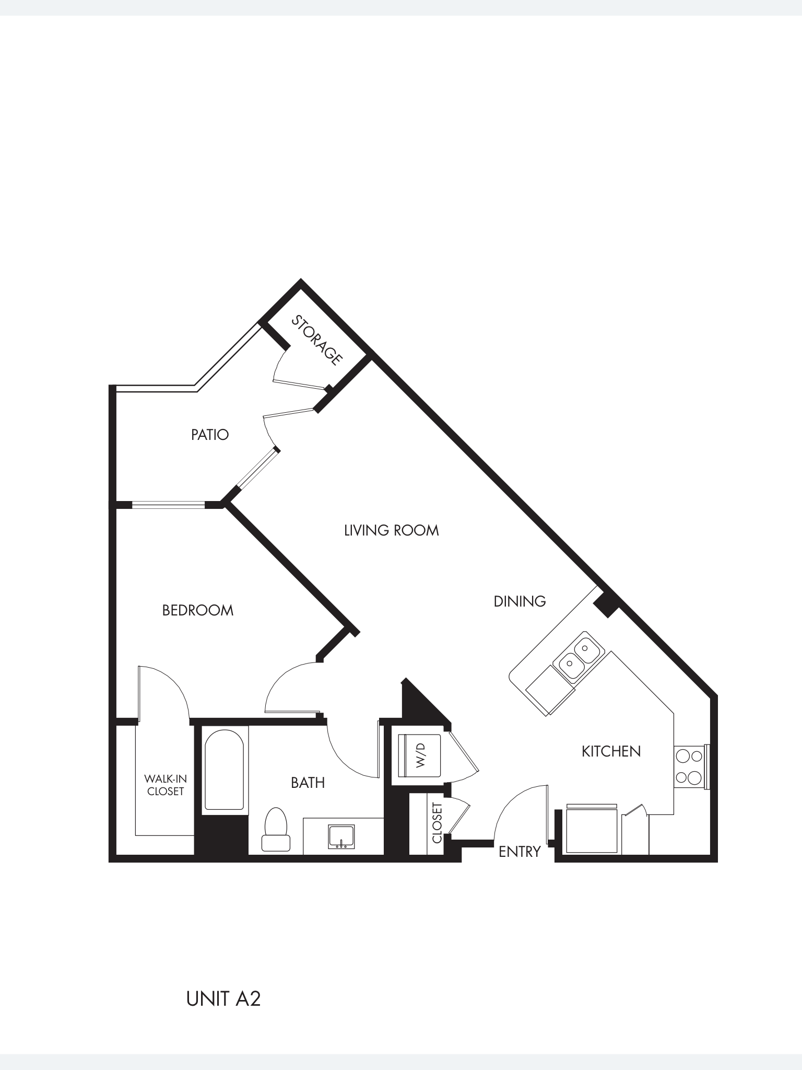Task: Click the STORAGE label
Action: (x=316, y=340)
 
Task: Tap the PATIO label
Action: (x=210, y=435)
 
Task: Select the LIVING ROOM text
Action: (x=391, y=530)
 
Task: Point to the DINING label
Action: (x=520, y=601)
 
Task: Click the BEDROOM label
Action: (x=197, y=610)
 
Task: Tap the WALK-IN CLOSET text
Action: (x=165, y=785)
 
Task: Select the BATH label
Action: (x=308, y=783)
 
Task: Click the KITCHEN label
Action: (x=611, y=751)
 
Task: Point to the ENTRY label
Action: (x=519, y=852)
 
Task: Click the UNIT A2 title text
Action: (x=223, y=998)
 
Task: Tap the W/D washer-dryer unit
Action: (x=420, y=755)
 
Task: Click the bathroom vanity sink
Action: (x=341, y=836)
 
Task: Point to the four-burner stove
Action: (x=689, y=766)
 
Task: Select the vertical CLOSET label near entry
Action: (x=438, y=823)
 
